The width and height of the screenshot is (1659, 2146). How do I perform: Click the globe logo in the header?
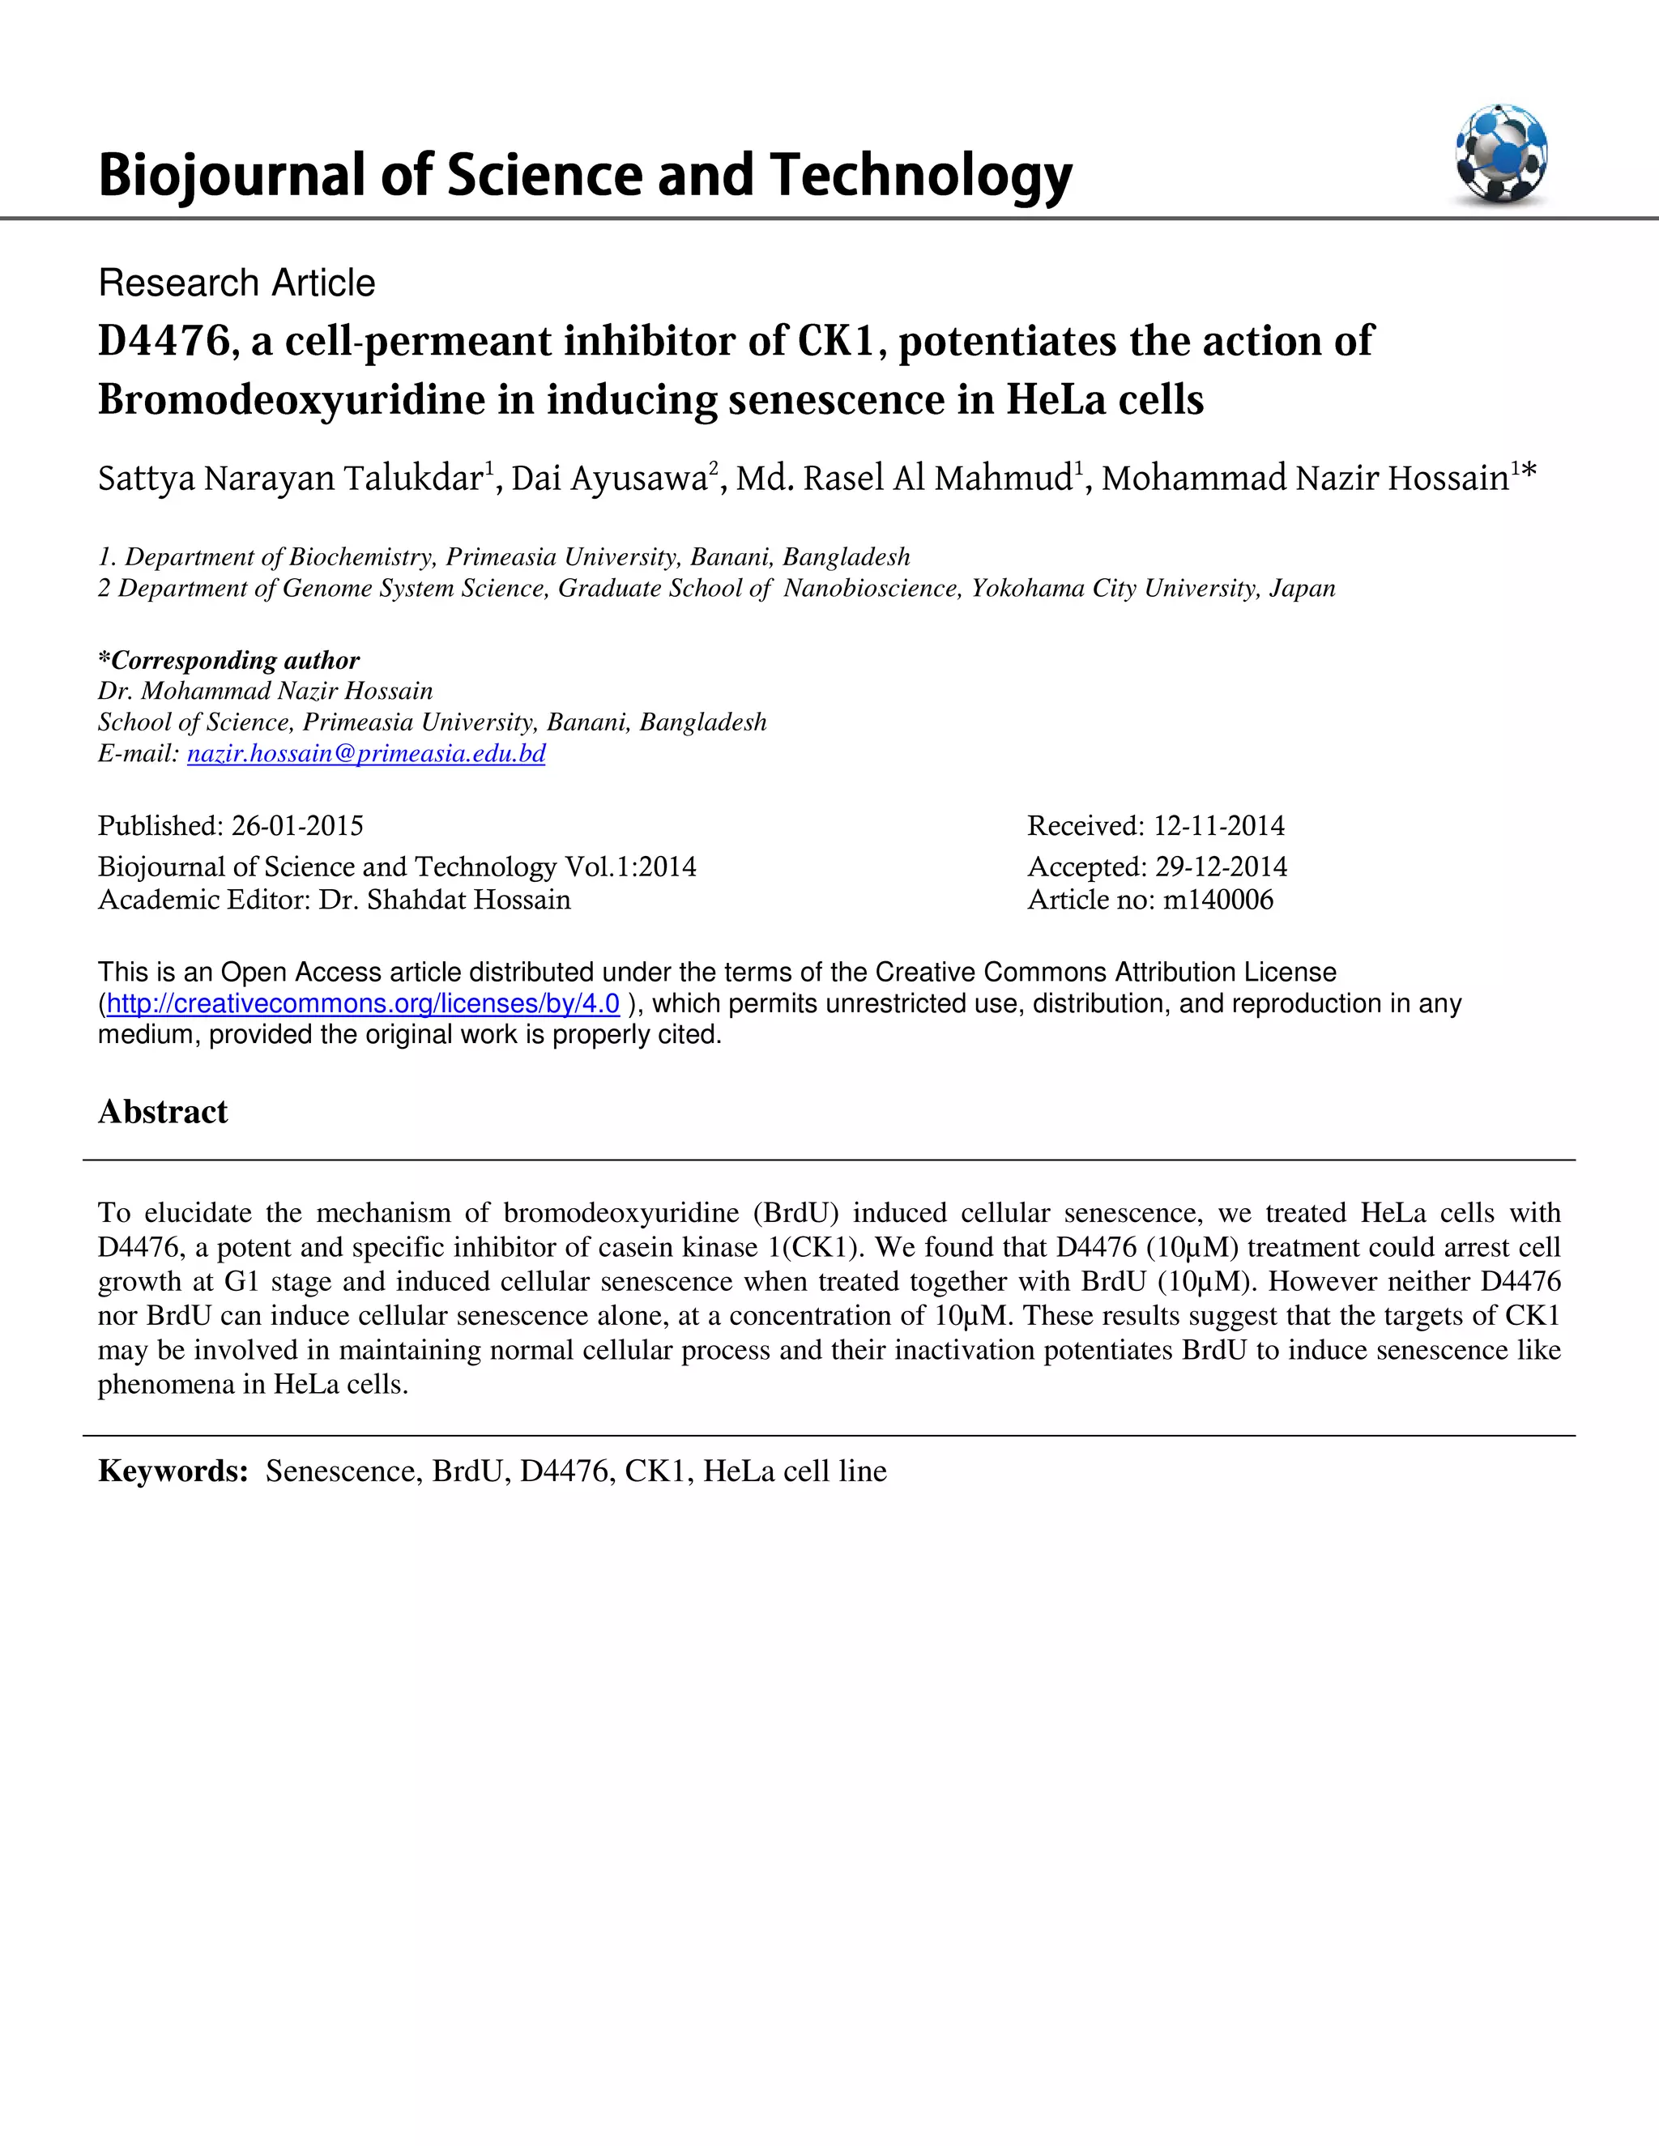(1501, 154)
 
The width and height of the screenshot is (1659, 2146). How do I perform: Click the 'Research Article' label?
(237, 283)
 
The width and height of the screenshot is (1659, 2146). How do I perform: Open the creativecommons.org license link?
(363, 1003)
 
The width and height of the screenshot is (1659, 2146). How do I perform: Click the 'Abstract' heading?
(163, 1111)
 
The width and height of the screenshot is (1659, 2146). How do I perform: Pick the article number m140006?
(1218, 900)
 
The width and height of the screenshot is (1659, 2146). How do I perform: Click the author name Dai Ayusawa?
(609, 479)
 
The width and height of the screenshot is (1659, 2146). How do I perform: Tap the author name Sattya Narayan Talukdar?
(290, 479)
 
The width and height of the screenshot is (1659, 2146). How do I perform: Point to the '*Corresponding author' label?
(229, 660)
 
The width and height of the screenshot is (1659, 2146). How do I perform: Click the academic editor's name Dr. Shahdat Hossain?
(444, 900)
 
